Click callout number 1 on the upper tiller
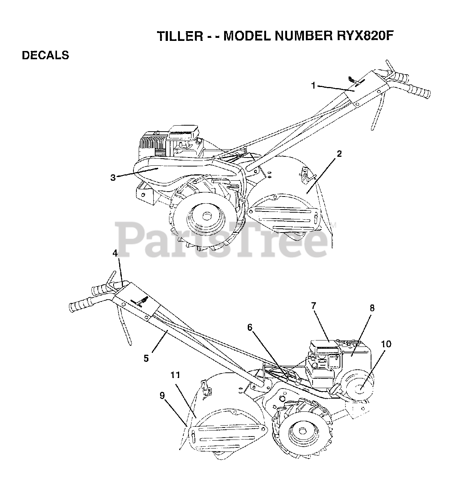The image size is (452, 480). tap(313, 85)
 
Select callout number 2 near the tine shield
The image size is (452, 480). tap(339, 154)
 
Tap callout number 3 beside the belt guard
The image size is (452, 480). tap(113, 177)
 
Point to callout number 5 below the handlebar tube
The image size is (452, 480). tap(146, 358)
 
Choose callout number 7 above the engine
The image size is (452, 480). tap(313, 306)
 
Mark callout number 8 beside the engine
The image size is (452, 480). tap(372, 308)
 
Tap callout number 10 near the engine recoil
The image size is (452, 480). tap(386, 343)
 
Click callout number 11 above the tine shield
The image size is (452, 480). tap(175, 375)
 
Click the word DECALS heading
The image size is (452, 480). tap(45, 55)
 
